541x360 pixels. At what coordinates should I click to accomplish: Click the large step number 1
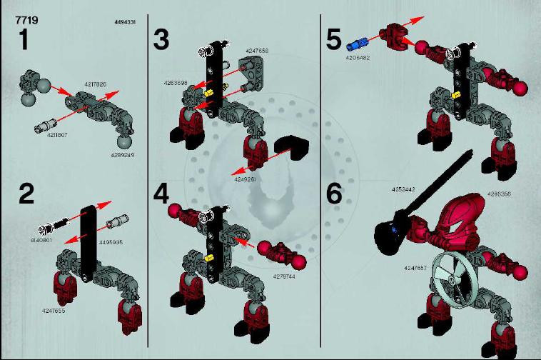[x=24, y=40]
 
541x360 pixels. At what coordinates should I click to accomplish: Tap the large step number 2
[x=26, y=194]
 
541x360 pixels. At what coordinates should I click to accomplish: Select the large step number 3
[x=162, y=40]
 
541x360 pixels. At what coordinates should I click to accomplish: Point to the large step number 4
[x=162, y=194]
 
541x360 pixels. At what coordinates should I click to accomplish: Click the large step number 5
[x=334, y=39]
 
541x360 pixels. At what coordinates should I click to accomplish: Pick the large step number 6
[x=334, y=194]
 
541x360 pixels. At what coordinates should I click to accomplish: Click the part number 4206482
[x=358, y=56]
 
